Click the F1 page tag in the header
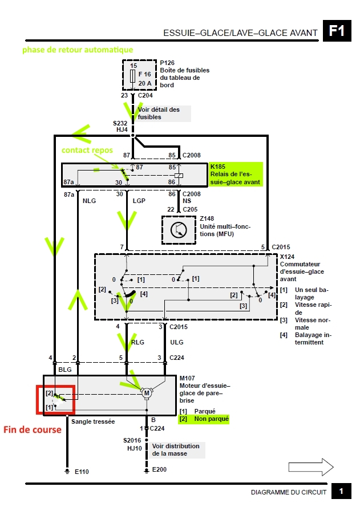(337, 31)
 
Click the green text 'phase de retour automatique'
(78, 50)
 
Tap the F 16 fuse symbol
(133, 76)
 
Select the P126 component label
(167, 63)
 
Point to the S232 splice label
(120, 123)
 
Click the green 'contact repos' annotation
(87, 150)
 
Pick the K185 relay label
(218, 167)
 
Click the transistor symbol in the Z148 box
(179, 230)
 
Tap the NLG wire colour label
(89, 201)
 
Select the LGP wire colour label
(139, 201)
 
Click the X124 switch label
(287, 257)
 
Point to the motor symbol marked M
(147, 393)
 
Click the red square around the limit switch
(55, 399)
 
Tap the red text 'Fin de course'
(32, 429)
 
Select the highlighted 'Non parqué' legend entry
(204, 419)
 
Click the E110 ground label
(82, 472)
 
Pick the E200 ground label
(159, 469)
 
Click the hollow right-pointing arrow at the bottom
(311, 467)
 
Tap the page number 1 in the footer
(341, 492)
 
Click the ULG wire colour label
(177, 342)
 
